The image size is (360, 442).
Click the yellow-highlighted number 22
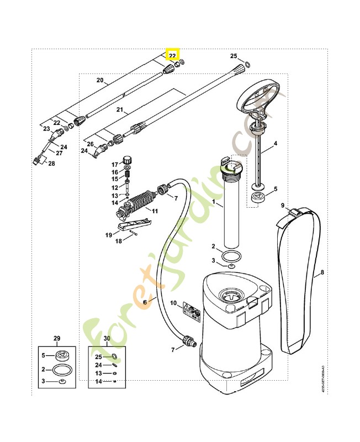(173, 56)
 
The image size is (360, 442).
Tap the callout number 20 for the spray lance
(100, 80)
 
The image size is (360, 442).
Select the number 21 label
(119, 110)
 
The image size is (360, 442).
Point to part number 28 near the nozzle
(51, 164)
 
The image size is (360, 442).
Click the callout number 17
(115, 165)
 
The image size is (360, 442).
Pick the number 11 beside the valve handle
(155, 211)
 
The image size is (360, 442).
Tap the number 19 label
(109, 235)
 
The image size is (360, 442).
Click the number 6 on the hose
(145, 302)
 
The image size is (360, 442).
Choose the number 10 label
(173, 303)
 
